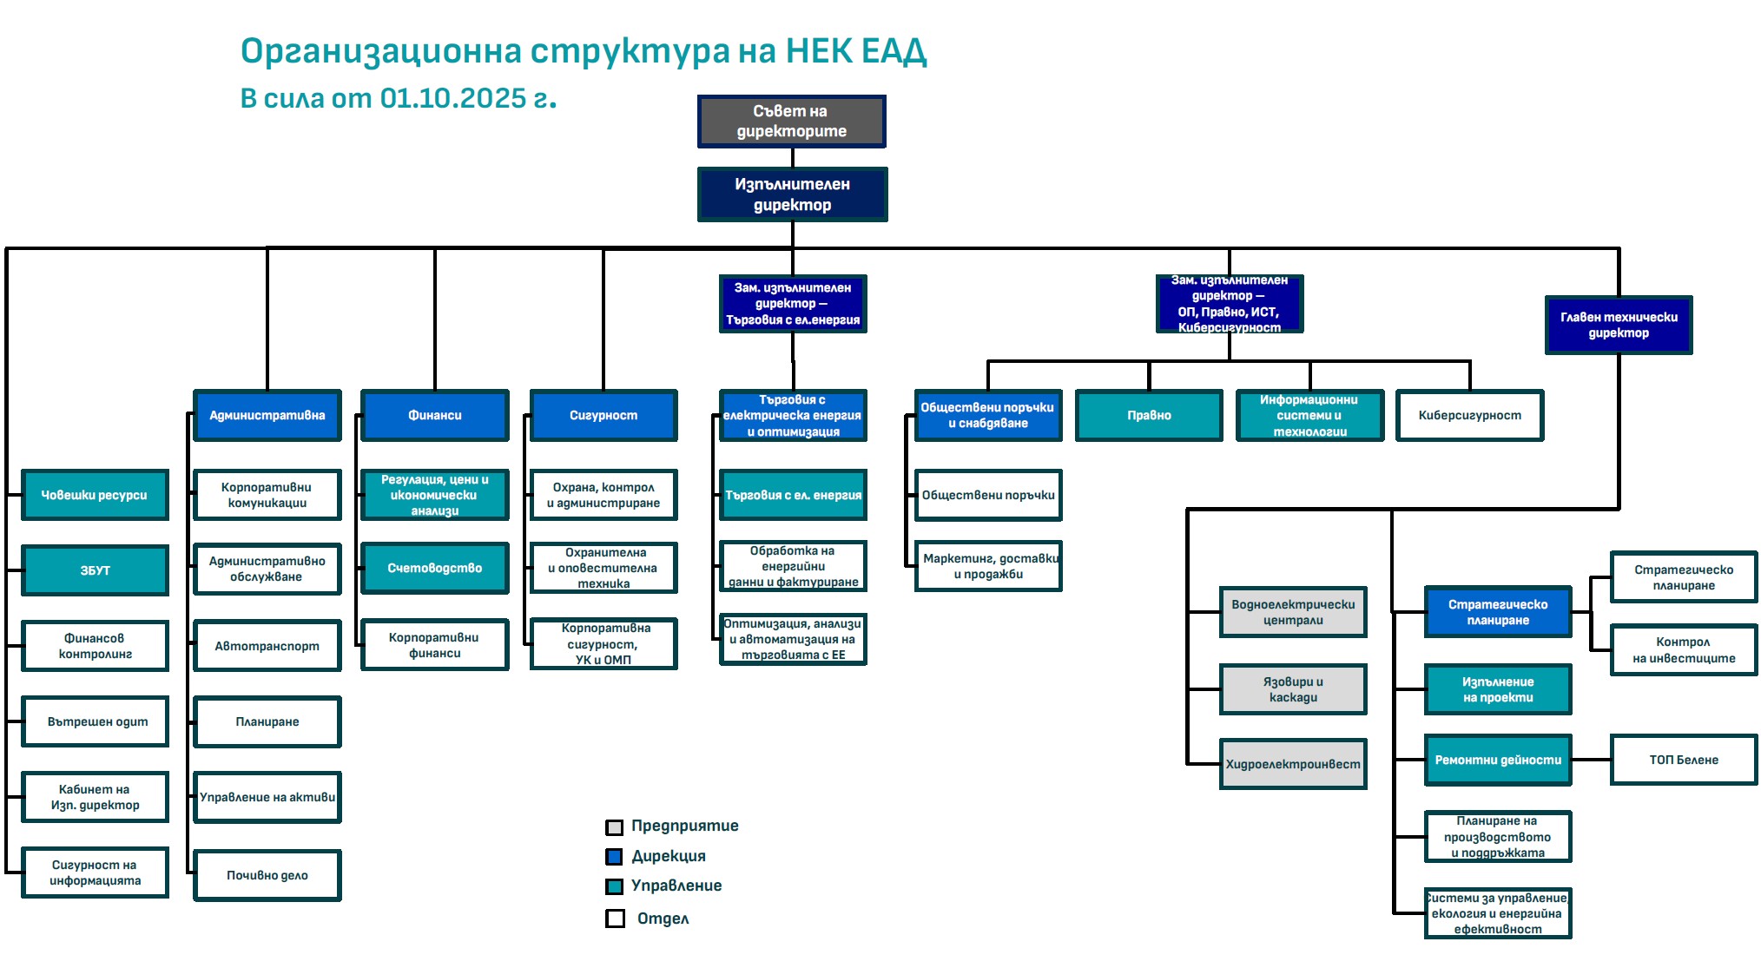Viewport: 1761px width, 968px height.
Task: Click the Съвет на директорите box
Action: pyautogui.click(x=791, y=122)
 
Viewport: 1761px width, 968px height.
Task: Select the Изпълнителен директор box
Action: pyautogui.click(x=792, y=194)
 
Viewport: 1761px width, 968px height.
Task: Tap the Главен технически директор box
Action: pyautogui.click(x=1619, y=325)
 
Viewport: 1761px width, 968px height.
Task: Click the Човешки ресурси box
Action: pyautogui.click(x=95, y=495)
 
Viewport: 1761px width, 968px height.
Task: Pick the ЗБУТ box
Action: pyautogui.click(x=95, y=570)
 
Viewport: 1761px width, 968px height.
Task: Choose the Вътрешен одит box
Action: pyautogui.click(x=95, y=721)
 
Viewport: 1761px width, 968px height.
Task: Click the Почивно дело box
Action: pyautogui.click(x=267, y=875)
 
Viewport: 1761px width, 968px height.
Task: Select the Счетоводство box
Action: pyautogui.click(x=435, y=568)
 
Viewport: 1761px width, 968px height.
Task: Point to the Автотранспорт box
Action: pyautogui.click(x=267, y=646)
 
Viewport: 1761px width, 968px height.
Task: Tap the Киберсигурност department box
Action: pyautogui.click(x=1469, y=415)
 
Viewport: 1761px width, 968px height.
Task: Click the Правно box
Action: pyautogui.click(x=1149, y=415)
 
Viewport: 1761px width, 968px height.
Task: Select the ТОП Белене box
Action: pyautogui.click(x=1684, y=760)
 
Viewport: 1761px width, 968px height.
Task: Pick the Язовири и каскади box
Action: pyautogui.click(x=1293, y=689)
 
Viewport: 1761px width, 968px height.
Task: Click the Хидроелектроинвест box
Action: pyautogui.click(x=1293, y=764)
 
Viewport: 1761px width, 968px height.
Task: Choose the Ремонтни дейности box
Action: pyautogui.click(x=1498, y=760)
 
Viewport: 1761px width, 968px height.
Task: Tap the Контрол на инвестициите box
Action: pyautogui.click(x=1684, y=649)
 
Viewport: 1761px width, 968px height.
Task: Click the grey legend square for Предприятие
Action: pyautogui.click(x=615, y=826)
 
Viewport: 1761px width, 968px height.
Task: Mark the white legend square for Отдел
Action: pyautogui.click(x=615, y=919)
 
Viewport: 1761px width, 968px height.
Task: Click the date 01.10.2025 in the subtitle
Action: pyautogui.click(x=453, y=98)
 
